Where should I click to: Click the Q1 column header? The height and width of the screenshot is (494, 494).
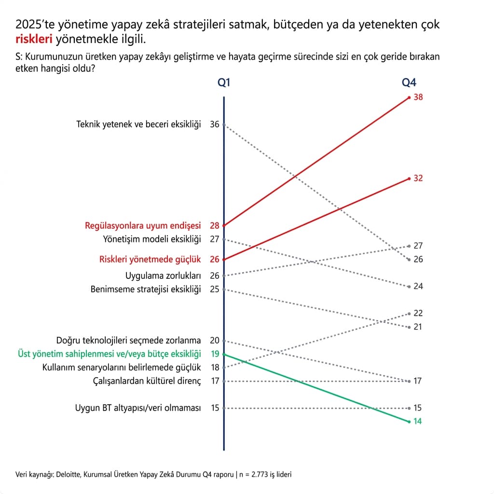(x=224, y=82)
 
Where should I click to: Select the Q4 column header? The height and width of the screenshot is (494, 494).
(x=409, y=82)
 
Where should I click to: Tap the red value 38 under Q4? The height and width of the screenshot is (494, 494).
(x=418, y=97)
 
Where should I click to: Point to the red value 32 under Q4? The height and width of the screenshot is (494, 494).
(x=418, y=178)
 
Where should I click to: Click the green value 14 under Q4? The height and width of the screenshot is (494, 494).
(x=418, y=421)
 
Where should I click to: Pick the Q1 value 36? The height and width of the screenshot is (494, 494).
(x=215, y=124)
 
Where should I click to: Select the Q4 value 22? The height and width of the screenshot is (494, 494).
(x=418, y=313)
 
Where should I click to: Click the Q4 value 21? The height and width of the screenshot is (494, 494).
(x=418, y=327)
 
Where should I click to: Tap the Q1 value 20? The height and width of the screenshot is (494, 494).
(x=215, y=340)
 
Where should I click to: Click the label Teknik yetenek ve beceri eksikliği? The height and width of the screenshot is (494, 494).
(x=138, y=124)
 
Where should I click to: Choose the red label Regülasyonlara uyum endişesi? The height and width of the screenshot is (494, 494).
(x=142, y=225)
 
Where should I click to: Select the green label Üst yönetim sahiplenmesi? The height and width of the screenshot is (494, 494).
(x=109, y=354)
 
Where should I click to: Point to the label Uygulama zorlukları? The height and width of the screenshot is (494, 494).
(x=163, y=275)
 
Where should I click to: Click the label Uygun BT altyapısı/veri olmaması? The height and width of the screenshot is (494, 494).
(x=137, y=408)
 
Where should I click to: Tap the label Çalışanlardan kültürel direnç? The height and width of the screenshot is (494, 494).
(x=147, y=381)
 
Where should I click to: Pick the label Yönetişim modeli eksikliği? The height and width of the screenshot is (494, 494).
(x=152, y=239)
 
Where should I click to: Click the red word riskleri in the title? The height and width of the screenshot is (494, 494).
(x=34, y=39)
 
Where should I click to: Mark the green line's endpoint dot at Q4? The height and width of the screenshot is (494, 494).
(x=409, y=422)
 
